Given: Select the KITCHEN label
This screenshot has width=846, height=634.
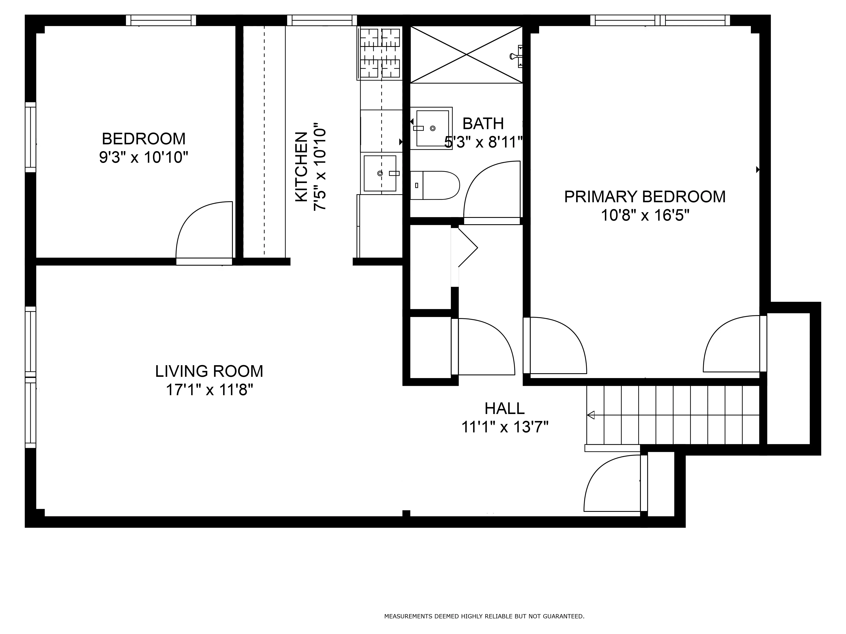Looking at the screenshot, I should (x=301, y=167).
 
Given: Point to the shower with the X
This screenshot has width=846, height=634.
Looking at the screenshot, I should (x=466, y=55).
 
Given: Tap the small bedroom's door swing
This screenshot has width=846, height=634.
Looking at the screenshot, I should (x=203, y=231).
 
